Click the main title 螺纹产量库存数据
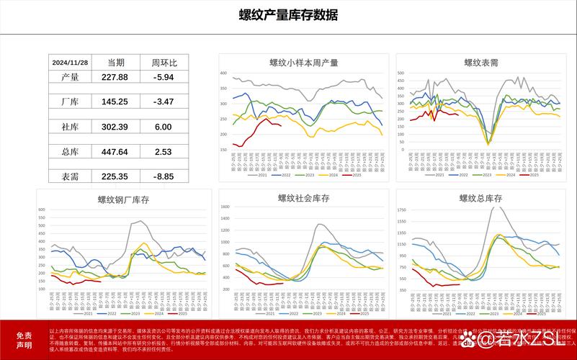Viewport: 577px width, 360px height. pyautogui.click(x=288, y=15)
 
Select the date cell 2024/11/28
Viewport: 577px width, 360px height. pyautogui.click(x=71, y=62)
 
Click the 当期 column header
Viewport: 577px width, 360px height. pyautogui.click(x=115, y=62)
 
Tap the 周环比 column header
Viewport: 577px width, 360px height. pyautogui.click(x=164, y=62)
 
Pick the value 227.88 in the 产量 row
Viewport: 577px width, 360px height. pyautogui.click(x=115, y=77)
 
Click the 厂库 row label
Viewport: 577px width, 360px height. pyautogui.click(x=71, y=102)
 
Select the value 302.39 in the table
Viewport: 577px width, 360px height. pyautogui.click(x=115, y=127)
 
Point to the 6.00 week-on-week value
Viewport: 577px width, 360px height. pyautogui.click(x=164, y=127)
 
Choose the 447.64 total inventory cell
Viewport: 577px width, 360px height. pyautogui.click(x=115, y=152)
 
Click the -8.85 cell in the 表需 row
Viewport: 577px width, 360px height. pyautogui.click(x=164, y=176)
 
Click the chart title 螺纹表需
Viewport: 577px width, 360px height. pyautogui.click(x=480, y=63)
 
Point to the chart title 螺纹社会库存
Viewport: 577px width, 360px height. pyautogui.click(x=303, y=198)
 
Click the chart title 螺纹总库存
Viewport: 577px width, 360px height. pyautogui.click(x=480, y=198)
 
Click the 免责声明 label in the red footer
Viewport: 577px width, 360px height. pyautogui.click(x=24, y=340)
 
